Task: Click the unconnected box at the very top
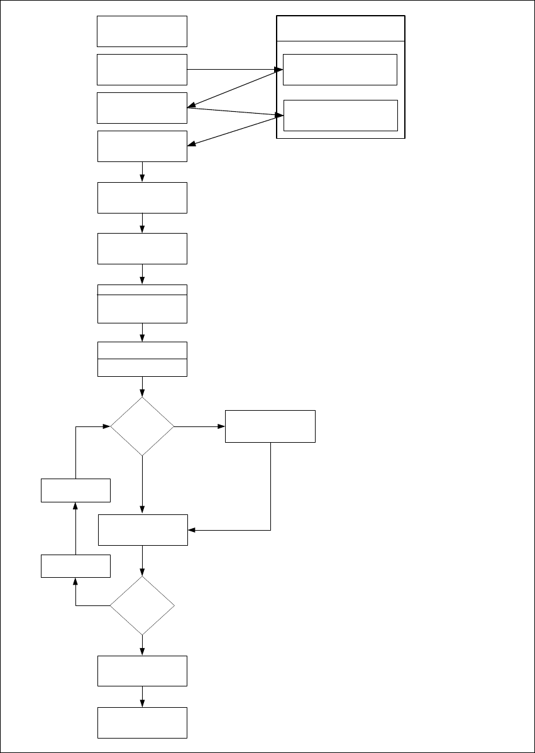pyautogui.click(x=142, y=31)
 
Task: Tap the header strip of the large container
pyautogui.click(x=340, y=29)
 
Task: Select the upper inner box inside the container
pyautogui.click(x=339, y=69)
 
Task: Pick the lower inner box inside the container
pyautogui.click(x=340, y=115)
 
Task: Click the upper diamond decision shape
pyautogui.click(x=142, y=426)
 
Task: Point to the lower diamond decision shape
pyautogui.click(x=142, y=606)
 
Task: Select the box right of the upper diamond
pyautogui.click(x=270, y=426)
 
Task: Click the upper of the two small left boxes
pyautogui.click(x=75, y=490)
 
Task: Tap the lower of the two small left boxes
pyautogui.click(x=75, y=566)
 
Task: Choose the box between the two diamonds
pyautogui.click(x=143, y=530)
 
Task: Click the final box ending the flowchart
pyautogui.click(x=142, y=722)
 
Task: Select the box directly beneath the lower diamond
pyautogui.click(x=142, y=671)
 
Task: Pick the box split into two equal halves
pyautogui.click(x=142, y=359)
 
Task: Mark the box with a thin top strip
pyautogui.click(x=142, y=304)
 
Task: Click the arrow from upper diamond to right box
pyautogui.click(x=199, y=426)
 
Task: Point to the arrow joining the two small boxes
pyautogui.click(x=75, y=528)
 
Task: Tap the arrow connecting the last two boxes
pyautogui.click(x=142, y=696)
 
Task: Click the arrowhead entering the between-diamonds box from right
pyautogui.click(x=192, y=530)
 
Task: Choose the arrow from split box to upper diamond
pyautogui.click(x=142, y=386)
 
